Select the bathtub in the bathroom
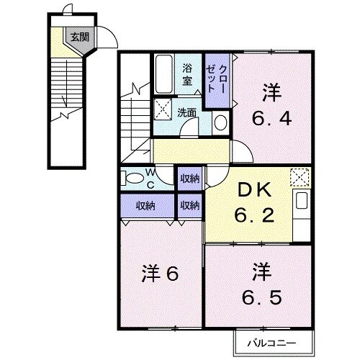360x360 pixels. (x=163, y=73)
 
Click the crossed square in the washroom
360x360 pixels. (x=163, y=109)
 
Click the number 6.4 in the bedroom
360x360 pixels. (x=271, y=118)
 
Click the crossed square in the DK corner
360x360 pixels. (x=299, y=176)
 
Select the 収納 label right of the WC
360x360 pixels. (x=190, y=178)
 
